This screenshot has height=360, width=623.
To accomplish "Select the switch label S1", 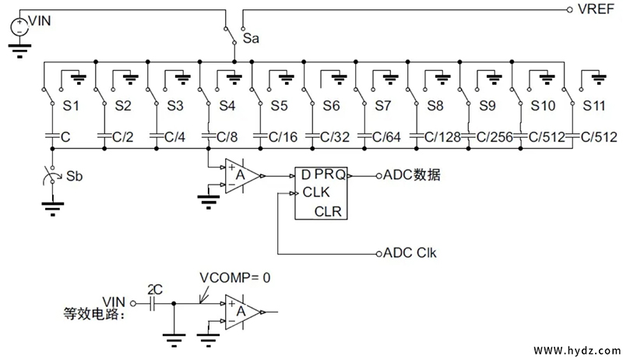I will pyautogui.click(x=71, y=104).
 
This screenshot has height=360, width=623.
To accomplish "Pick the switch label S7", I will pyautogui.click(x=383, y=104).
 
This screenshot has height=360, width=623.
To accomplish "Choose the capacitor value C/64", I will pyautogui.click(x=387, y=136).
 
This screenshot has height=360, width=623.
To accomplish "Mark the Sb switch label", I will pyautogui.click(x=76, y=176).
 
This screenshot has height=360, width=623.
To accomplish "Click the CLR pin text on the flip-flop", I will pyautogui.click(x=329, y=210).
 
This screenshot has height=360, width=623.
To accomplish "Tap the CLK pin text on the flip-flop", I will pyautogui.click(x=316, y=192).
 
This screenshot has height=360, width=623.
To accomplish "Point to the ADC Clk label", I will pyautogui.click(x=411, y=253).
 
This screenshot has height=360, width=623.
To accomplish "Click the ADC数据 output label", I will pyautogui.click(x=412, y=175).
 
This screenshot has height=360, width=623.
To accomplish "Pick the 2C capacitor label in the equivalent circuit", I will pyautogui.click(x=155, y=290).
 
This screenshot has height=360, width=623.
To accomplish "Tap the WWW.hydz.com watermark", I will pyautogui.click(x=576, y=349).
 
